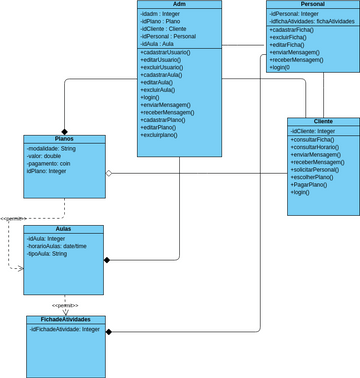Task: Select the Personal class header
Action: [311, 5]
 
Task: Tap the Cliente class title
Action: [322, 120]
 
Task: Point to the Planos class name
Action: [63, 139]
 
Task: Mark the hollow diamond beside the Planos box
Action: [109, 173]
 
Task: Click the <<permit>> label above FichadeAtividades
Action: [65, 305]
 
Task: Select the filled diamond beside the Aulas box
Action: [107, 260]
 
